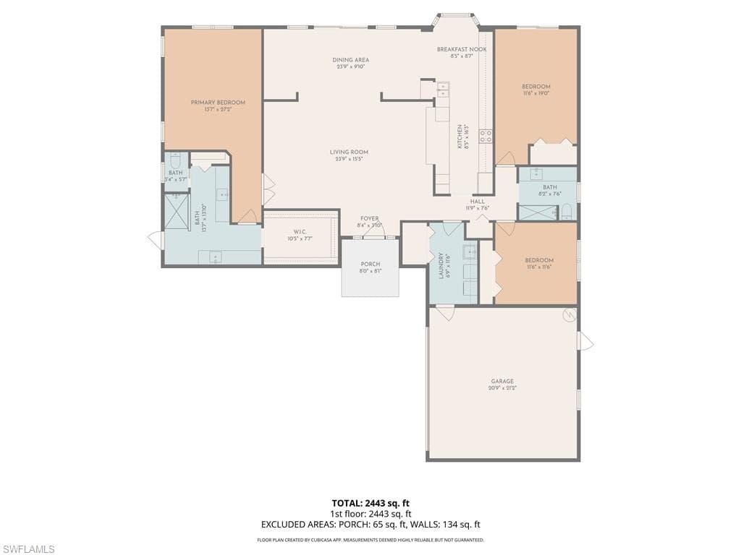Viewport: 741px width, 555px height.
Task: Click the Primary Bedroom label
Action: (x=218, y=103)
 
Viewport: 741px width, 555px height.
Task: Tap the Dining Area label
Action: (x=351, y=60)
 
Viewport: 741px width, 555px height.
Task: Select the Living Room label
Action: (x=349, y=152)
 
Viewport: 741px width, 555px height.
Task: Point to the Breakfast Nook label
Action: (x=462, y=49)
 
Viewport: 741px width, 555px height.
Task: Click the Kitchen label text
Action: (x=460, y=137)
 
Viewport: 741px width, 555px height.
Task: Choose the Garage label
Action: (x=502, y=381)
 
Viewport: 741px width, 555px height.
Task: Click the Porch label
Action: (x=370, y=264)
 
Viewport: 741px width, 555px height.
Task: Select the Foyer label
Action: (x=369, y=218)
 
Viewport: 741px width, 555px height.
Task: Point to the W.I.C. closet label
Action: (x=300, y=231)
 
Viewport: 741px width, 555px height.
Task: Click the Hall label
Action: (x=478, y=202)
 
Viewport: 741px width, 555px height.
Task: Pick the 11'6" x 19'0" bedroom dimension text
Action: (x=536, y=93)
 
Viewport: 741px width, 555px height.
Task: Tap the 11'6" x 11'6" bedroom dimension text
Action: (x=538, y=267)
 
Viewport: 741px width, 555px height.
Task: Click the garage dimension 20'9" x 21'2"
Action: (x=502, y=388)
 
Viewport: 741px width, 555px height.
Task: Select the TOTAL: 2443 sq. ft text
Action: (x=370, y=502)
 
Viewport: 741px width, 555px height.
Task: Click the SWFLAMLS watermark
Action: (x=28, y=549)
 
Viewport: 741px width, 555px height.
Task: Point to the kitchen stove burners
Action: (x=486, y=135)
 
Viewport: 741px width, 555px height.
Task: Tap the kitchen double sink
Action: (x=443, y=89)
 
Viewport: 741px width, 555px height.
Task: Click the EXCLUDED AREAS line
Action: (x=370, y=525)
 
